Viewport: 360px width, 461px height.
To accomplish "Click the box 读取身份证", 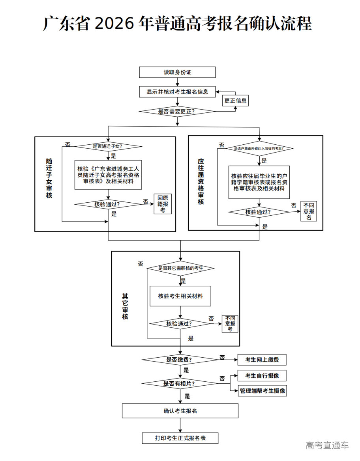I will (177, 72).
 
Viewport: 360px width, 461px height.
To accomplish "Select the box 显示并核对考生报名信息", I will (177, 91).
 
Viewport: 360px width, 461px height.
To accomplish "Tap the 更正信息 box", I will (235, 101).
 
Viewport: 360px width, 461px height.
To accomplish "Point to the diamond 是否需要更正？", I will (177, 112).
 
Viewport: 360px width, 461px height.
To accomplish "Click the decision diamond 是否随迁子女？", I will (108, 146).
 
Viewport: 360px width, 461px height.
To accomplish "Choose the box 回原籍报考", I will (163, 204).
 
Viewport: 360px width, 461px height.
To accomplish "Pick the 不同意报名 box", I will (309, 211).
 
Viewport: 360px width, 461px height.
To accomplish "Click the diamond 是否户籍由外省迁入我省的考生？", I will (259, 149).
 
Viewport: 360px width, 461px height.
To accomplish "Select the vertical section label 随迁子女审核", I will (49, 178).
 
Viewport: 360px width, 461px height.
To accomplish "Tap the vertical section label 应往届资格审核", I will (201, 181).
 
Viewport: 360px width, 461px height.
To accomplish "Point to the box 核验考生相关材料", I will (180, 296).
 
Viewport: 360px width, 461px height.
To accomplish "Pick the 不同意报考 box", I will (230, 323).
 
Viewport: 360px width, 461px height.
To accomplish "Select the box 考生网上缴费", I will (262, 360).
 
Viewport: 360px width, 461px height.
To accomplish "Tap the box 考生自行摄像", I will (262, 375).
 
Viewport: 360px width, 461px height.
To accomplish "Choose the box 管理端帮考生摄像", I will (262, 391).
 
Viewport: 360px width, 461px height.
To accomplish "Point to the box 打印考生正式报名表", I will (180, 438).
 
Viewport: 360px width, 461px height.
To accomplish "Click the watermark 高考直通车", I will (327, 446).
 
